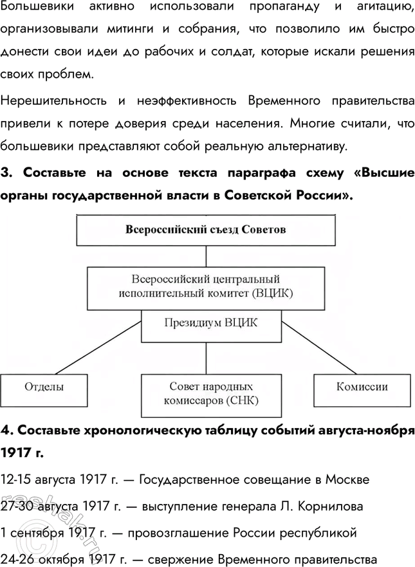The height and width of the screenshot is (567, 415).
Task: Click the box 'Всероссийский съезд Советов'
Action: pos(206,230)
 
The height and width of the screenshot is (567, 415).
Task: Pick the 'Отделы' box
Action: pos(44,387)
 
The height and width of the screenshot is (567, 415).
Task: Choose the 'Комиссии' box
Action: pos(362,387)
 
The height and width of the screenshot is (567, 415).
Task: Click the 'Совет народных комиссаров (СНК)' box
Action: pos(210,393)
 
